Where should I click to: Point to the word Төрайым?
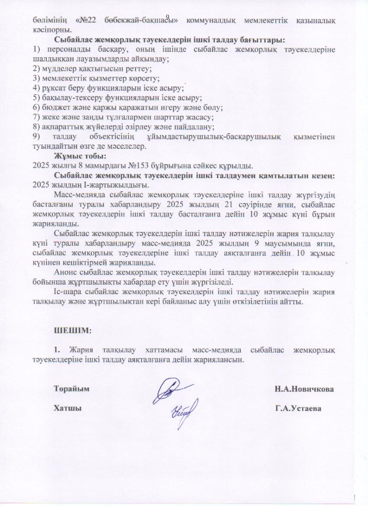(71, 389)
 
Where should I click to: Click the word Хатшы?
(68, 408)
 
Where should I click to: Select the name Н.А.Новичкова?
(304, 389)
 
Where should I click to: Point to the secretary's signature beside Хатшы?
(184, 408)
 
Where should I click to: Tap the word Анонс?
(65, 272)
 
